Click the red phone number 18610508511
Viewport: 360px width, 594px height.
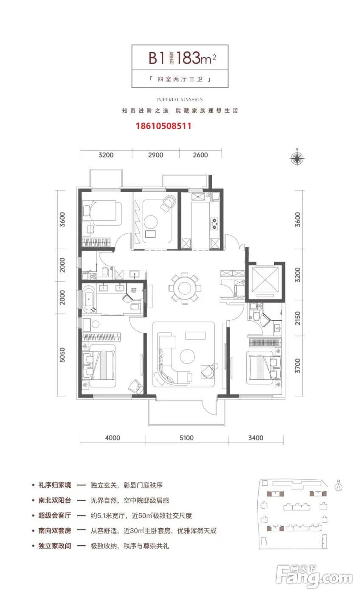[163, 126]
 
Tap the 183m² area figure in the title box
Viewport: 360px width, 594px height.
[196, 58]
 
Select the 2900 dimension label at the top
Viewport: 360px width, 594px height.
[156, 155]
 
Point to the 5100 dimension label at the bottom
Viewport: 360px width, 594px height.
[186, 438]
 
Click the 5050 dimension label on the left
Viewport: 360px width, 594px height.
[62, 355]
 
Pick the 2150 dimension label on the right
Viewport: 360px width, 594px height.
[298, 318]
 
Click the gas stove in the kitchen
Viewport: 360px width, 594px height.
[214, 224]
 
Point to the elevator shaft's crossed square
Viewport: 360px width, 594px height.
[265, 280]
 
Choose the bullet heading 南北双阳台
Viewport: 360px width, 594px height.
[55, 500]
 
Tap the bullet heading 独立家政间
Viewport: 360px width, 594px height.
[55, 546]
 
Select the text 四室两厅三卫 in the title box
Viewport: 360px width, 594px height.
[180, 79]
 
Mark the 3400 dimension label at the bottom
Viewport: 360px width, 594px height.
[256, 438]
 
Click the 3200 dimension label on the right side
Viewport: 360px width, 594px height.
[298, 275]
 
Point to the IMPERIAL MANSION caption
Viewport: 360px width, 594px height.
[180, 100]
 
